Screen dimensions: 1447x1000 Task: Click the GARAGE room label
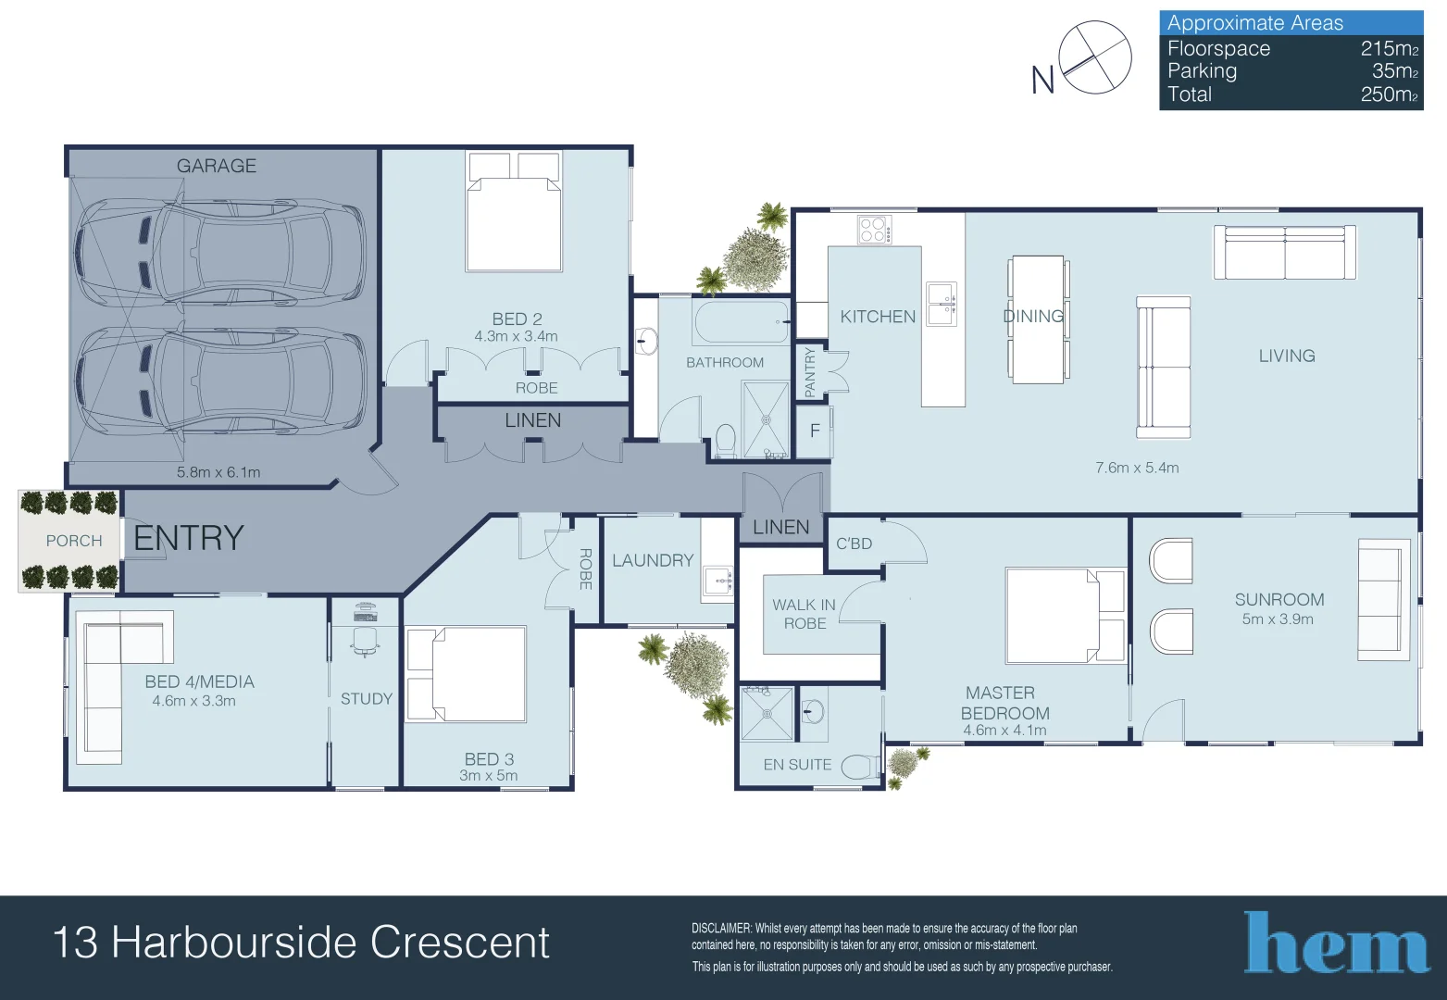[217, 166]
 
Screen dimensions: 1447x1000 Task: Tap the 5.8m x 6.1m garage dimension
[218, 472]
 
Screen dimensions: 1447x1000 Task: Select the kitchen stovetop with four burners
[875, 230]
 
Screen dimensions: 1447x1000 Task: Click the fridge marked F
[815, 431]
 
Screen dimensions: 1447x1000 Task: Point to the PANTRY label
[810, 372]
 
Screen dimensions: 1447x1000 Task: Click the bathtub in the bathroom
[742, 321]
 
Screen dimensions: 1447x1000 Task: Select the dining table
[1038, 319]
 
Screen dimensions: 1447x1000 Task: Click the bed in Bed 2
[514, 211]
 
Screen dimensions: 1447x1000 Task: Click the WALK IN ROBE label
[805, 614]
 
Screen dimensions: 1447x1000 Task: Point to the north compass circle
[1095, 57]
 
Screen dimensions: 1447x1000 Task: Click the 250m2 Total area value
[1389, 94]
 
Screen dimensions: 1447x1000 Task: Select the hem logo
[1337, 942]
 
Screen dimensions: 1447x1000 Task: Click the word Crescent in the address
[459, 942]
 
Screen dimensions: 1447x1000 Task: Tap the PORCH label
[74, 541]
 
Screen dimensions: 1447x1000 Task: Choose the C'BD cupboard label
[854, 544]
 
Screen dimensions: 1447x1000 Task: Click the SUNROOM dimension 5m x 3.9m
[1278, 619]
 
